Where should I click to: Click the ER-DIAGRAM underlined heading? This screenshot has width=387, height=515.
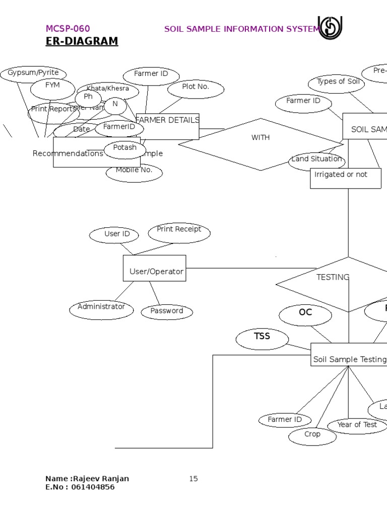coord(82,41)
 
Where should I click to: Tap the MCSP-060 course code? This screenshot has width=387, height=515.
coord(68,29)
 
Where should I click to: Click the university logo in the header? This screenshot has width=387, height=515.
coord(331,27)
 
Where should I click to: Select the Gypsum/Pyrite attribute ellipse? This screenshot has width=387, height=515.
coord(33,73)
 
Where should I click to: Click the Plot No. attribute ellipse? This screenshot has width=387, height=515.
coord(196,88)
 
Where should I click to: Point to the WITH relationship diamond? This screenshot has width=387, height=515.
coord(261,144)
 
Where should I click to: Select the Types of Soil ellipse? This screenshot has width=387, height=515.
coord(336,83)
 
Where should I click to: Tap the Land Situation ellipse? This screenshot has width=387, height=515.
coord(316,160)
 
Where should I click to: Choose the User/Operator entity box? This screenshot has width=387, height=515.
coord(155,269)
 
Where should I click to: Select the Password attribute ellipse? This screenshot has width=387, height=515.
coord(166,311)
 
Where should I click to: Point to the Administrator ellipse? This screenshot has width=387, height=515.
coord(101,309)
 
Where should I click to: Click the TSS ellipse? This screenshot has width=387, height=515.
coord(262,338)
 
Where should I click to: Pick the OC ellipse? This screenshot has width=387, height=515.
coord(305,314)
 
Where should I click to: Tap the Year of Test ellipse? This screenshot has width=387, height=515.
coord(357,425)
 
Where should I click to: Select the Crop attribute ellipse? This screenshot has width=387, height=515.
coord(312,436)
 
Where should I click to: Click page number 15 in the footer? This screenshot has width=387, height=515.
coord(193,479)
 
